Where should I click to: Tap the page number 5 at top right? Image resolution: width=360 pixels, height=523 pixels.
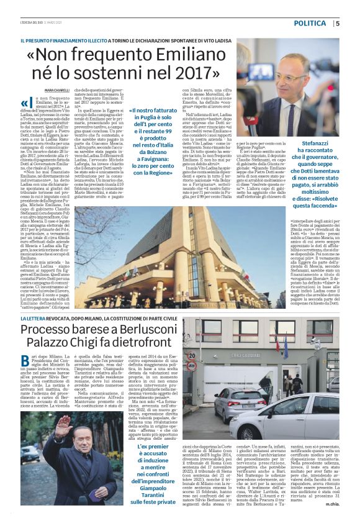[337, 23]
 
